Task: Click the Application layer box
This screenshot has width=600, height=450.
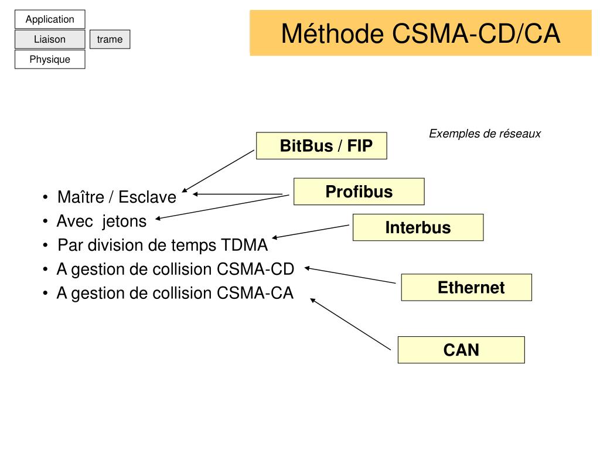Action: coord(50,19)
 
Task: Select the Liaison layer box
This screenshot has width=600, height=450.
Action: coord(50,39)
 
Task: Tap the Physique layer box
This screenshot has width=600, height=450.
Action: coord(50,59)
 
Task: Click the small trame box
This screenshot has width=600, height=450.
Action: coord(110,39)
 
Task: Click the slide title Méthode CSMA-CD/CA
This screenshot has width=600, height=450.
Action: coord(421,33)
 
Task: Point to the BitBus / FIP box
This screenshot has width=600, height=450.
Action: coord(322,146)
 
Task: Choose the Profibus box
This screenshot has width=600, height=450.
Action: coord(359,192)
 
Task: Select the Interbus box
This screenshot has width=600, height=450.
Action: coord(418,227)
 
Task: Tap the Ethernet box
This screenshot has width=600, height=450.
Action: coord(466,287)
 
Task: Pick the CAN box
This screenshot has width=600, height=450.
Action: coord(461,350)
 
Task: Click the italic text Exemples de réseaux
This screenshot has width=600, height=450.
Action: coord(485,134)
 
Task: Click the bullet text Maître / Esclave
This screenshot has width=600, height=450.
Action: coord(117,197)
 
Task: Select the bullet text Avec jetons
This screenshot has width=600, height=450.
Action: coord(102,221)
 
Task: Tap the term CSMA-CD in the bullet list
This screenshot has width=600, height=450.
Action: coord(255,269)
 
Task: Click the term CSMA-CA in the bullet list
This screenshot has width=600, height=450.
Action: coord(255,293)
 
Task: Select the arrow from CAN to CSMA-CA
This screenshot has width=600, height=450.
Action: coord(350,324)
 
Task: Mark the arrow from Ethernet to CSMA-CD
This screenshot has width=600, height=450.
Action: coord(350,275)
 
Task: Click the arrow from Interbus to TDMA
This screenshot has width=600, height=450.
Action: coord(311,232)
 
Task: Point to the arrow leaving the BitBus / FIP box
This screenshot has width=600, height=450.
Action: coord(218,171)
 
